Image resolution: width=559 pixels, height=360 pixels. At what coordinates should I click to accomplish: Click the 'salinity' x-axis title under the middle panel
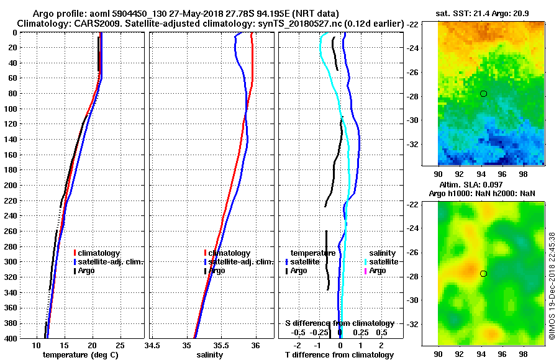pyautogui.click(x=210, y=355)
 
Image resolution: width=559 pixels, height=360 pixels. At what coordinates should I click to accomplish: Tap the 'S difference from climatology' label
pyautogui.click(x=340, y=323)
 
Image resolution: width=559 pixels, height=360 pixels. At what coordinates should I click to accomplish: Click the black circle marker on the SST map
pyautogui.click(x=483, y=93)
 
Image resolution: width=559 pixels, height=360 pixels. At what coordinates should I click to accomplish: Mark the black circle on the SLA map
pyautogui.click(x=483, y=273)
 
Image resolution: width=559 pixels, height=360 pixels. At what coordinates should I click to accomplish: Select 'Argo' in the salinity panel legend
pyautogui.click(x=217, y=271)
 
